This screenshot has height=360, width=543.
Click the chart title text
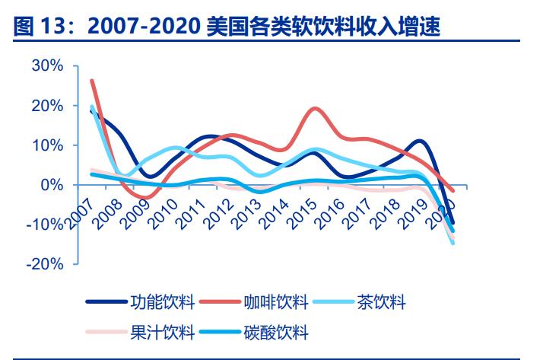[x=228, y=27]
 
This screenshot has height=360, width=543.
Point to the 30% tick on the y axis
[x=47, y=66]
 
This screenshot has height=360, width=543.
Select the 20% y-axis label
[x=47, y=106]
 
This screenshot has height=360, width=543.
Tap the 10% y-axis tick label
[x=47, y=145]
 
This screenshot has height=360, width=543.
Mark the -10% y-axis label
[x=45, y=225]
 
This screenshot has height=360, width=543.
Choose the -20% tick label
[x=45, y=264]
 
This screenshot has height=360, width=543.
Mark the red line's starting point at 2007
[x=91, y=80]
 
